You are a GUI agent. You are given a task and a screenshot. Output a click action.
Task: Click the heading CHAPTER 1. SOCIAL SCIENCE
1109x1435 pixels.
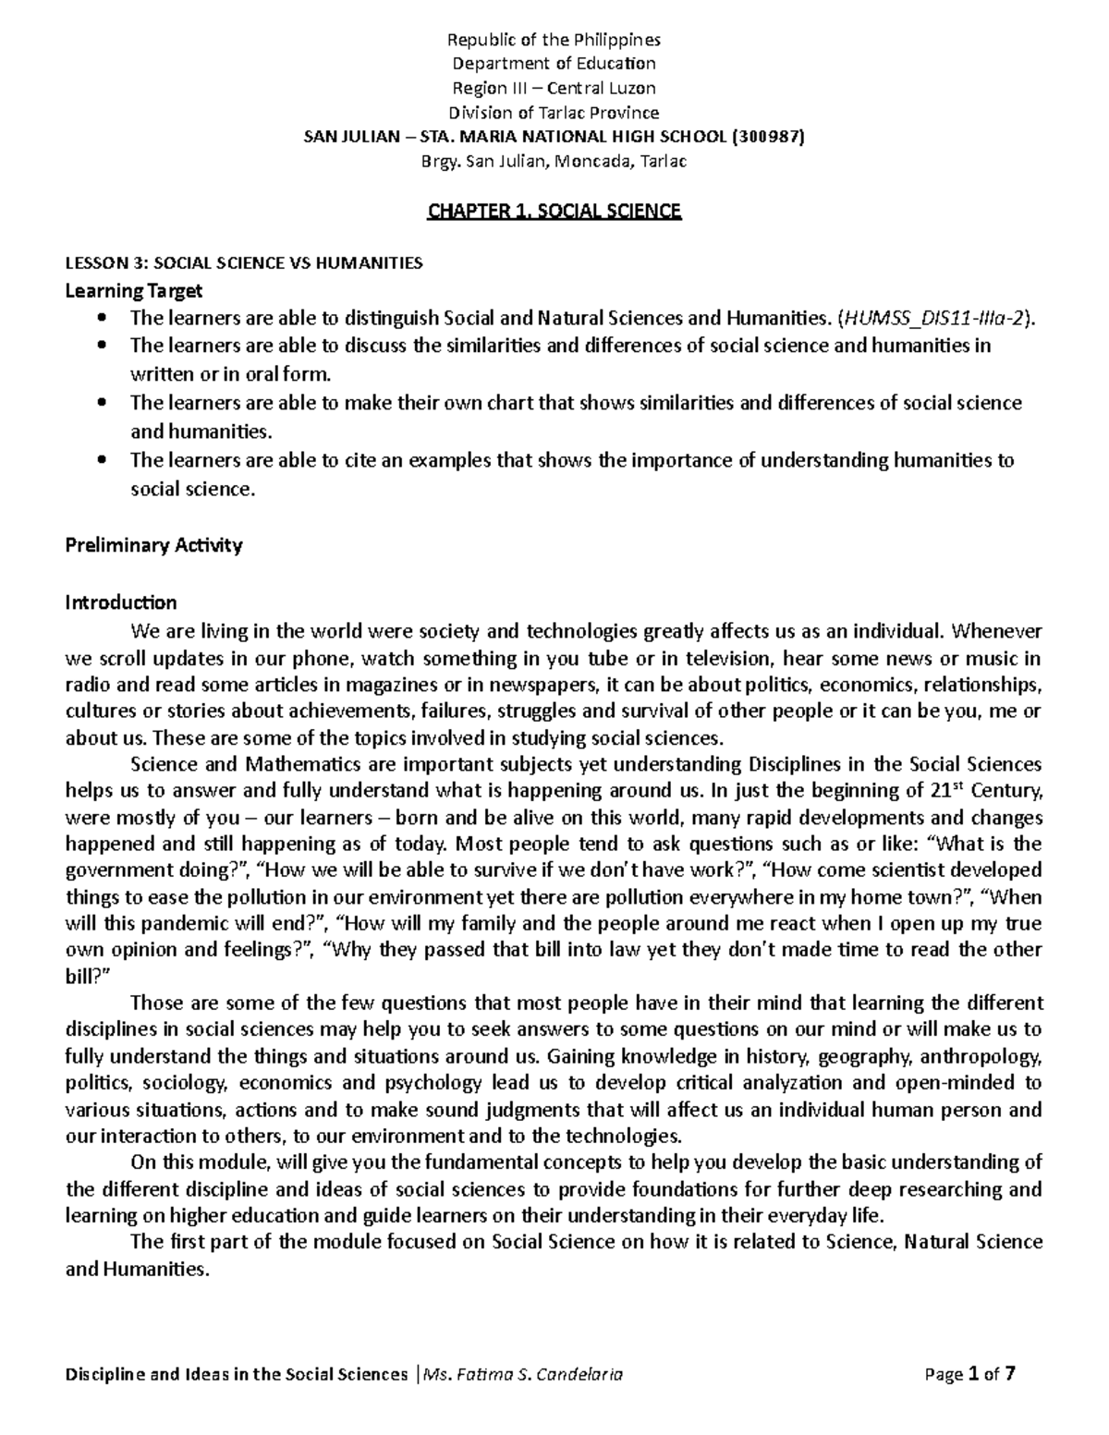[554, 212]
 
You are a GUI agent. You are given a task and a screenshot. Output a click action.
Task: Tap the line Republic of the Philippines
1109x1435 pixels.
[554, 40]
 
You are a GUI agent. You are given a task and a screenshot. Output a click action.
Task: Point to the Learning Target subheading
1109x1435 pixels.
[133, 291]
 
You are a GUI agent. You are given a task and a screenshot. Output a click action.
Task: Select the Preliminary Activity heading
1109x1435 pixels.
[153, 545]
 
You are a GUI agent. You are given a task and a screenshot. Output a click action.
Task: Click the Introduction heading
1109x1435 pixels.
[120, 603]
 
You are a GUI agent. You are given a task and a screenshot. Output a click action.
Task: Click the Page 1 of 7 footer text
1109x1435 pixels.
[969, 1374]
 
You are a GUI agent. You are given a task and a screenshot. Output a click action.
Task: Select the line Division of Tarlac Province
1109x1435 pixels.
[554, 113]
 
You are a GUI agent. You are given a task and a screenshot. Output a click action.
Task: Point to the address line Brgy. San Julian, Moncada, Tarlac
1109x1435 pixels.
[554, 162]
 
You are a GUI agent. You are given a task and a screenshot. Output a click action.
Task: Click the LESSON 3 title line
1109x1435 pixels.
[243, 263]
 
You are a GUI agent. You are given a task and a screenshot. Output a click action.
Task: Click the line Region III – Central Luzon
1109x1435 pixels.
[554, 89]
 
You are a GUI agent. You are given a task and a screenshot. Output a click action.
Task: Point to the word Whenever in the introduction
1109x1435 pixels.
[996, 632]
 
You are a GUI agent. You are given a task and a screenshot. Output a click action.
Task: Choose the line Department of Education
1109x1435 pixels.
[554, 64]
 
